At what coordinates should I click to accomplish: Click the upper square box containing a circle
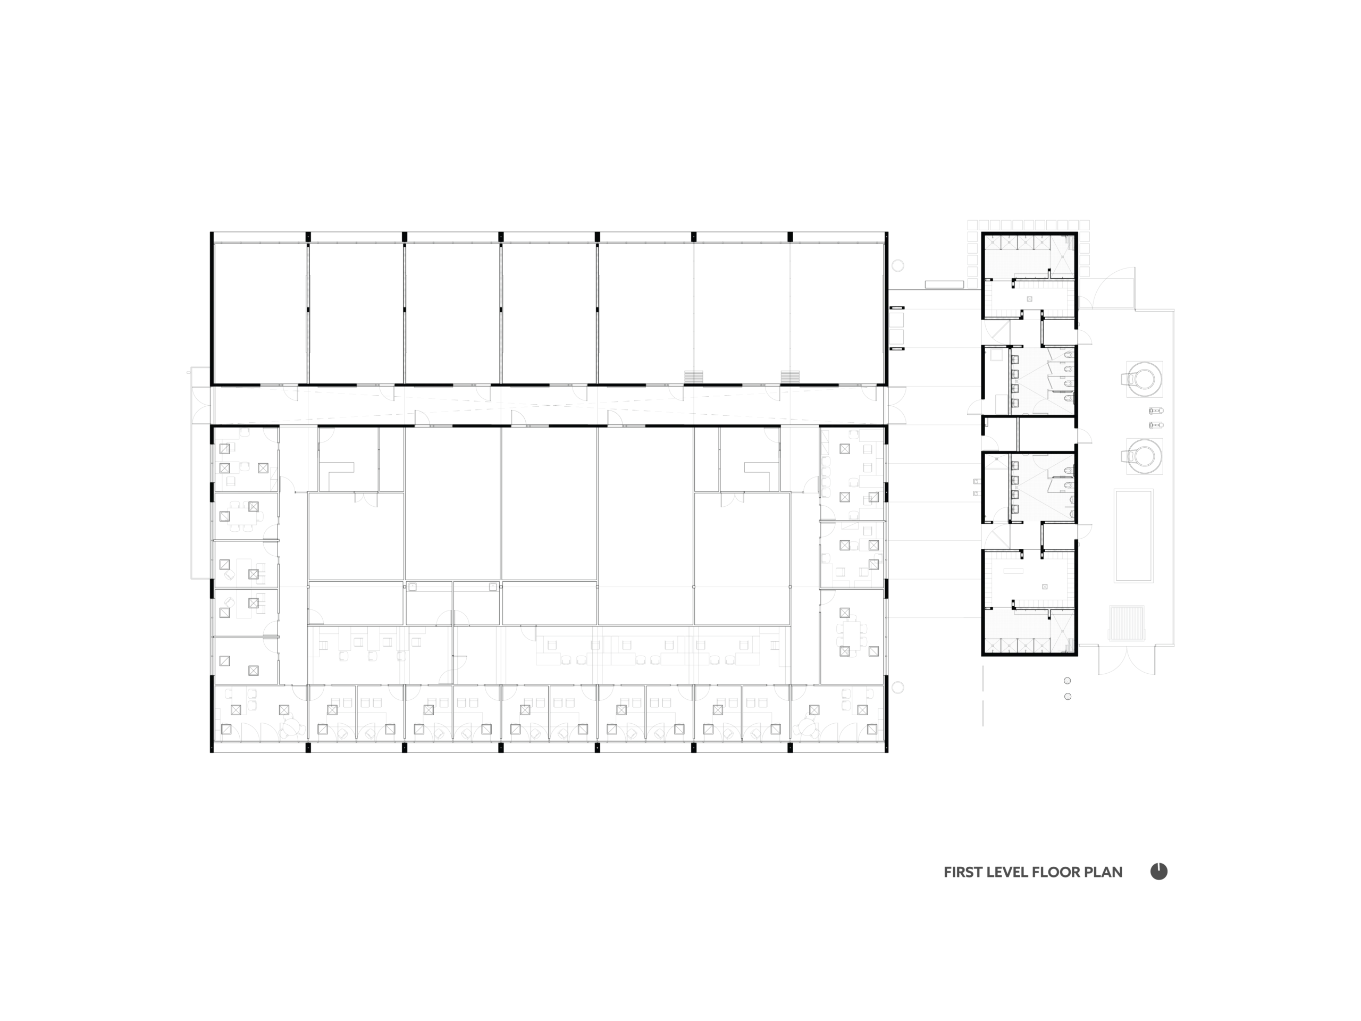coord(1144,378)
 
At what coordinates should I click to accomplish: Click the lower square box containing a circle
coord(1144,455)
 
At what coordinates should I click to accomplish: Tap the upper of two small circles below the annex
coord(1068,681)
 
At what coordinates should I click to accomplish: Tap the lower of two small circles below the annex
coord(1068,697)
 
